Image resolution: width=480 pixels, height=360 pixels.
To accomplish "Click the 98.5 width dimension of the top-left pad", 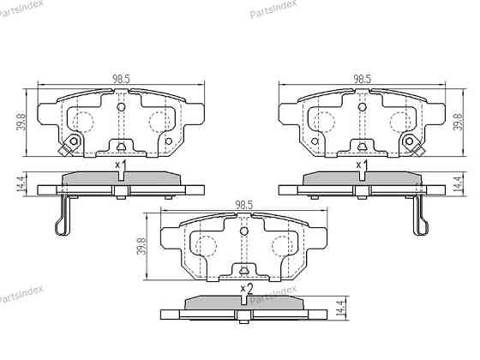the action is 121,79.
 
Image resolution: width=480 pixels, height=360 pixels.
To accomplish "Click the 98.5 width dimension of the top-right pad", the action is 363,79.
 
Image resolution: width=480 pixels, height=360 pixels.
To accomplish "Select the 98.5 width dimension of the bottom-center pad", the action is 243,205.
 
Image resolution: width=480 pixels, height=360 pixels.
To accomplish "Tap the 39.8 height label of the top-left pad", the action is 21,122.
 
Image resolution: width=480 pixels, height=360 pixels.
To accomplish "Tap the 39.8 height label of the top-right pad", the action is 459,122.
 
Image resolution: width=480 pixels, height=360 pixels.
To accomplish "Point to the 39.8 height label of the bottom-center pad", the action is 141,247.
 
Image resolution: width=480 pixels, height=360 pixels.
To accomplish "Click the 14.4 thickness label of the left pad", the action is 21,183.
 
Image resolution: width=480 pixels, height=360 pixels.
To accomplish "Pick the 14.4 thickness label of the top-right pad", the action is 458,183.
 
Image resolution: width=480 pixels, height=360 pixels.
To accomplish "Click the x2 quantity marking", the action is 247,289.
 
